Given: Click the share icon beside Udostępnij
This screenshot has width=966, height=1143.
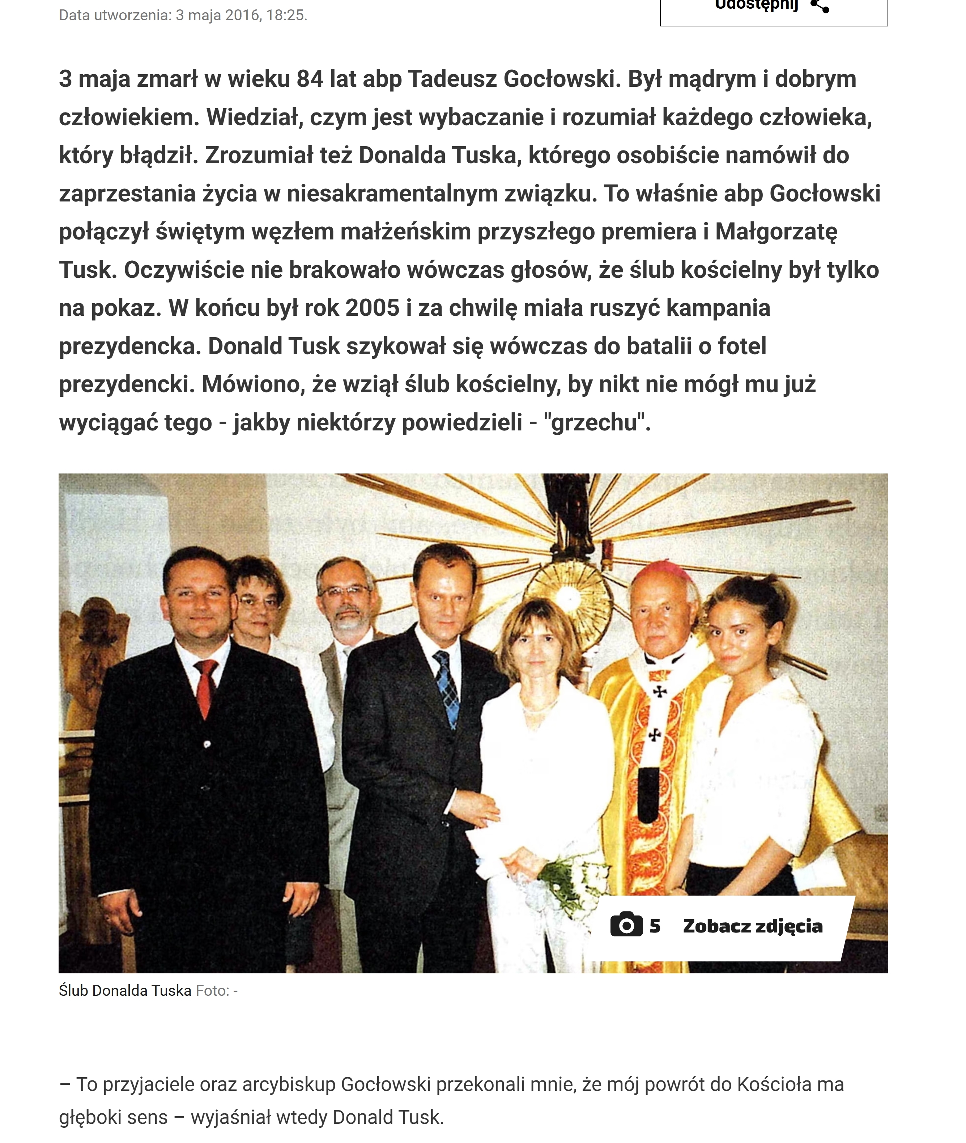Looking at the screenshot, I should point(820,7).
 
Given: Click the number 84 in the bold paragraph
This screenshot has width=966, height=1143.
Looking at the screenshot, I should point(310,80).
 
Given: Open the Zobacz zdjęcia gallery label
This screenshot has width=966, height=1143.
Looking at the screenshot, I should point(752,926).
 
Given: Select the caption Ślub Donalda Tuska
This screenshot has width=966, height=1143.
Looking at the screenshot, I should point(125,991).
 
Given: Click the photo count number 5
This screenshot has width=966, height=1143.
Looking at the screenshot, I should point(655,926).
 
